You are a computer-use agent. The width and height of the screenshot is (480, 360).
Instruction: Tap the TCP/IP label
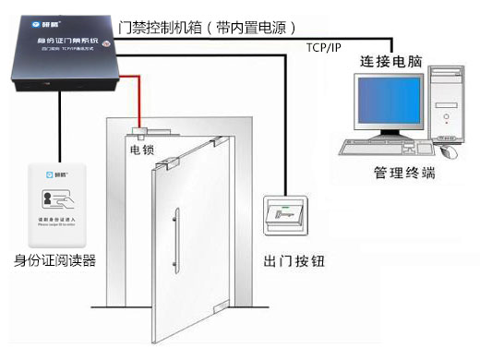(x=322, y=46)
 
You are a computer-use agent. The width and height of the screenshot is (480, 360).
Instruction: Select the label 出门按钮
(x=294, y=262)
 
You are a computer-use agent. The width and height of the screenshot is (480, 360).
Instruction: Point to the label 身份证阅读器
(x=57, y=261)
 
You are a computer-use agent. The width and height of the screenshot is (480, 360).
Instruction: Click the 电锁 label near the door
(x=141, y=148)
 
